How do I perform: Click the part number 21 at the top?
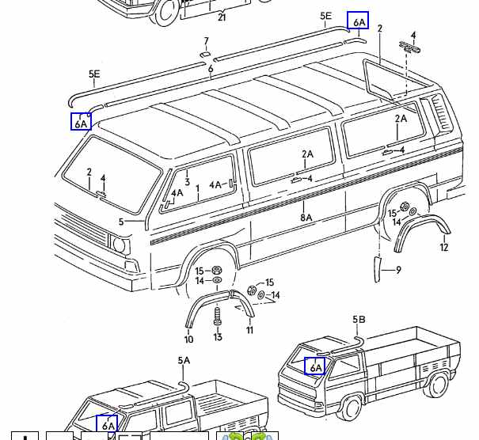point(222,17)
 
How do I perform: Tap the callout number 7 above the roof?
point(206,42)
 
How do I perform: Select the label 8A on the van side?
point(306,218)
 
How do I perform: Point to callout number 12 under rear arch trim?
point(443,248)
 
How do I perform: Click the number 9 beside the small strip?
point(398,270)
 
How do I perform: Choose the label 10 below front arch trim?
point(188,339)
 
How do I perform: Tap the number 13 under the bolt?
point(218,337)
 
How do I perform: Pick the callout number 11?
point(249,330)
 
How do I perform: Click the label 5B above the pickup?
point(359,320)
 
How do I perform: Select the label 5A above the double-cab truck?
point(184,361)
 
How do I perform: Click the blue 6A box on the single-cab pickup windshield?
point(315,366)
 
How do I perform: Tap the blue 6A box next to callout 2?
point(358,21)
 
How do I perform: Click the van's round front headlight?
point(120,246)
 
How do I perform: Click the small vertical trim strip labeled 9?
point(377,267)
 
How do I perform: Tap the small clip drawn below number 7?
point(205,54)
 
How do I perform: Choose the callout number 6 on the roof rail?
point(211,70)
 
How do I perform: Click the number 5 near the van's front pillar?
point(121,222)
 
